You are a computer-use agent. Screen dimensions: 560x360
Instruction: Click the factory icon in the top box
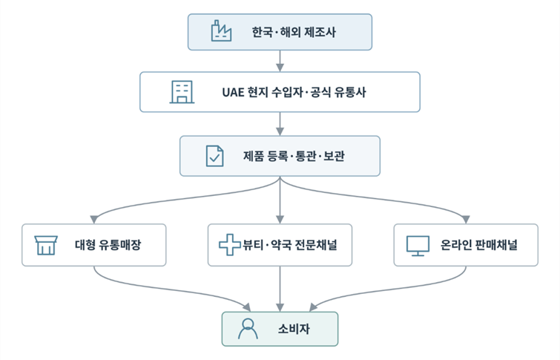221,30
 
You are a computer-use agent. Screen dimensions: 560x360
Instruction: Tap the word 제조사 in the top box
320,32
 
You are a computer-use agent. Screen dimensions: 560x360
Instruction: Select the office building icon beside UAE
182,92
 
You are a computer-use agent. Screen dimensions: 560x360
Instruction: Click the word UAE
233,92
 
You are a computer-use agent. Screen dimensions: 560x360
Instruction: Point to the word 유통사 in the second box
350,92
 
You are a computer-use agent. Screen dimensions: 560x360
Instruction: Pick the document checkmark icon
214,156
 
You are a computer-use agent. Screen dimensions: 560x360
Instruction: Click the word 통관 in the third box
306,156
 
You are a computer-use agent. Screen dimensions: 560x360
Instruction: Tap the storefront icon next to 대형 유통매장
46,245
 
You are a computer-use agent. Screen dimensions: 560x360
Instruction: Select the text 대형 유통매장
108,245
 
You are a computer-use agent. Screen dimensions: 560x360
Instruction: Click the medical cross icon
230,245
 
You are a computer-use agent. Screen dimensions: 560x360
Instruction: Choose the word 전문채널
317,245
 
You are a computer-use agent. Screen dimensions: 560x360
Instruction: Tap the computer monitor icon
418,246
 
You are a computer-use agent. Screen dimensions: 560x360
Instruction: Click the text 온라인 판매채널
479,245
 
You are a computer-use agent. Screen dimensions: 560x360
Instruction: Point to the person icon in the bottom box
248,329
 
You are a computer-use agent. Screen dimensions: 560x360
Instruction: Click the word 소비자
294,329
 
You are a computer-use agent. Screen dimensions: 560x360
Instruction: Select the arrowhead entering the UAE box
280,68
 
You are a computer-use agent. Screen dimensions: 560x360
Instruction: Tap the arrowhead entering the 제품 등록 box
280,131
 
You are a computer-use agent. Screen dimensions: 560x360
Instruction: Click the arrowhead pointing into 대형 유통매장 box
94,220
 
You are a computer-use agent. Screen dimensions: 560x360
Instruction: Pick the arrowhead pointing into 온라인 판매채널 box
466,220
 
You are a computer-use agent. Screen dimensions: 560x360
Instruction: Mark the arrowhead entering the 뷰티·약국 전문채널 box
280,220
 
